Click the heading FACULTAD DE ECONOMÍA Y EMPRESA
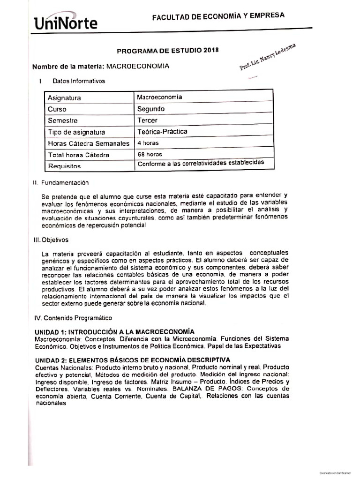218,16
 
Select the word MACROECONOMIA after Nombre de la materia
138,67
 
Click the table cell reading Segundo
151,109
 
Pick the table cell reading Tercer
147,120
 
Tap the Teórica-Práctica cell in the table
162,131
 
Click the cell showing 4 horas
148,143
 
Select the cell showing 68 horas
149,154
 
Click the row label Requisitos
64,166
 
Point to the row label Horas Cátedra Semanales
88,143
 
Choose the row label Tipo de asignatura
76,132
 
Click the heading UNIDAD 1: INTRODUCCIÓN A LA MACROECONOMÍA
115,331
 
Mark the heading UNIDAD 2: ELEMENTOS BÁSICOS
133,360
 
